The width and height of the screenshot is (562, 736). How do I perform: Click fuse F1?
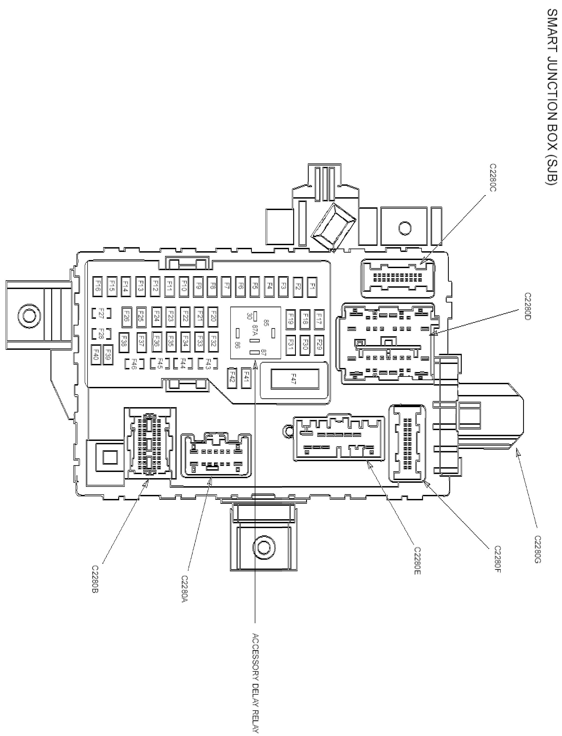312,287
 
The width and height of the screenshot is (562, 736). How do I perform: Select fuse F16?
97,287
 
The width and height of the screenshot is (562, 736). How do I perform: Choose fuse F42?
232,378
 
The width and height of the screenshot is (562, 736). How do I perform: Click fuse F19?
290,319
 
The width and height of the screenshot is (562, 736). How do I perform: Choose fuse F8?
212,287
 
